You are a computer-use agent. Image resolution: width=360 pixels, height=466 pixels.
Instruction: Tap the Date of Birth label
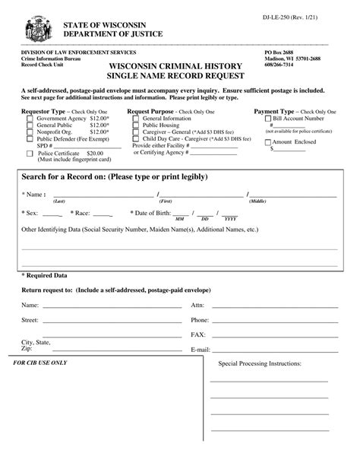tap(152, 213)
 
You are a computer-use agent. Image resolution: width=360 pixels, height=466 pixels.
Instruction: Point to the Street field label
tap(30, 320)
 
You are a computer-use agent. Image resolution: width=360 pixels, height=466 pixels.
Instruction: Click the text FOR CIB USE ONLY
tap(45, 363)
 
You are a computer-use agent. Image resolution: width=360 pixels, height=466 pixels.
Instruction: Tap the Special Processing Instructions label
tap(260, 364)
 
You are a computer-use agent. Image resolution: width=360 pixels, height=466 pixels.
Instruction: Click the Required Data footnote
tap(45, 275)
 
